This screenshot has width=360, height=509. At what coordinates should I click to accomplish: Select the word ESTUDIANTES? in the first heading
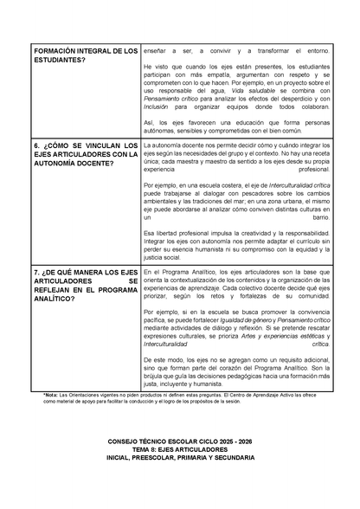[56, 61]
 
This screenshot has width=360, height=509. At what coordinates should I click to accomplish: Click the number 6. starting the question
[35, 145]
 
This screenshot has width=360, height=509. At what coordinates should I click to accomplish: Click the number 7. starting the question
[35, 273]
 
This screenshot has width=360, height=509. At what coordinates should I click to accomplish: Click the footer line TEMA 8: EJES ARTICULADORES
[180, 474]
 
